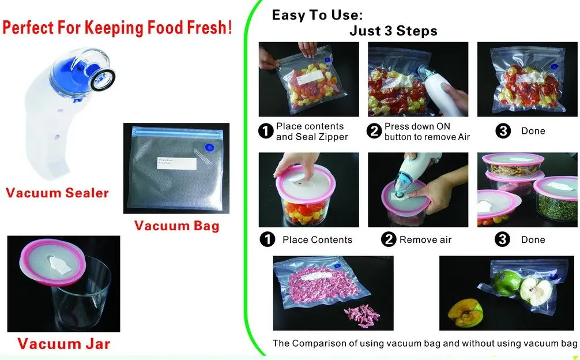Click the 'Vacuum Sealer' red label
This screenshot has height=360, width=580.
click(57, 193)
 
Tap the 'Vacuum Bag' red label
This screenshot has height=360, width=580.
click(177, 226)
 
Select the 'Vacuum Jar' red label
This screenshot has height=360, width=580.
click(63, 344)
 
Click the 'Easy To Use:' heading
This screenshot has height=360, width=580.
click(317, 16)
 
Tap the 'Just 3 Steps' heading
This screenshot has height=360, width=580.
click(393, 31)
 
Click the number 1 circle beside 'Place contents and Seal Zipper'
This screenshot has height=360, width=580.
click(266, 132)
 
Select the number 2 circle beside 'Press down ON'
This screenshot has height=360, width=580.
click(375, 132)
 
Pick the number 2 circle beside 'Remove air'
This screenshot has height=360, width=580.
click(389, 239)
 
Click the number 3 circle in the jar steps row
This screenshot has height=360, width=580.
click(503, 239)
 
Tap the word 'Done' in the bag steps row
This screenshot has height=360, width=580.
click(533, 131)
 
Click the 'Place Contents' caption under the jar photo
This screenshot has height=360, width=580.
click(317, 239)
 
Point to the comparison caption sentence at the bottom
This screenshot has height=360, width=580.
click(424, 343)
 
